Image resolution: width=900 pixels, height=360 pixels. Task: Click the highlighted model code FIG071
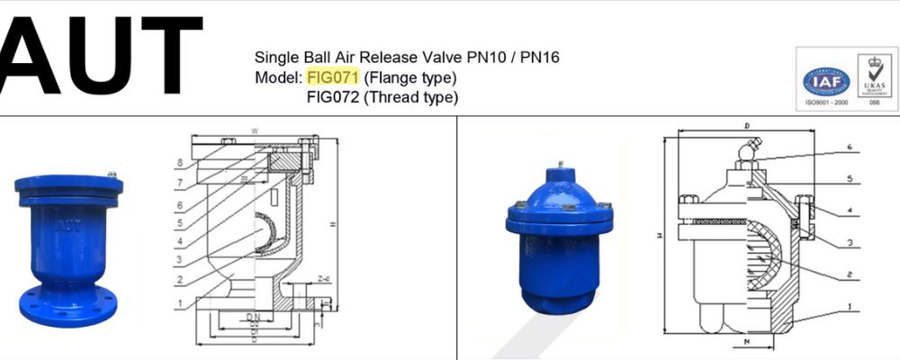pyautogui.click(x=333, y=77)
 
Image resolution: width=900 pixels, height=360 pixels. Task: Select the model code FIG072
pyautogui.click(x=333, y=97)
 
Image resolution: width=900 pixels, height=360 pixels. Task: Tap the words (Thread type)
pyautogui.click(x=411, y=97)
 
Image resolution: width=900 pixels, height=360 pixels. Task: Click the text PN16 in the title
pyautogui.click(x=539, y=58)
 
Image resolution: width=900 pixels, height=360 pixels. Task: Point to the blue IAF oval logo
pyautogui.click(x=826, y=83)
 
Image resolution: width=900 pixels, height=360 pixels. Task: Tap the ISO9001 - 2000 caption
pyautogui.click(x=826, y=104)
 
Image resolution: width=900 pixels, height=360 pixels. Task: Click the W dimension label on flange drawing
pyautogui.click(x=255, y=131)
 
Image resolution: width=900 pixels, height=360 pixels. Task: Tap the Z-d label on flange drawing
pyautogui.click(x=323, y=280)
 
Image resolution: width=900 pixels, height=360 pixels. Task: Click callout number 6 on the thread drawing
pyautogui.click(x=849, y=145)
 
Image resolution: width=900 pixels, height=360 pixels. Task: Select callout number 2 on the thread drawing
pyautogui.click(x=849, y=271)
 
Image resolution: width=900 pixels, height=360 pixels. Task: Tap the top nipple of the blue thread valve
pyautogui.click(x=560, y=166)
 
